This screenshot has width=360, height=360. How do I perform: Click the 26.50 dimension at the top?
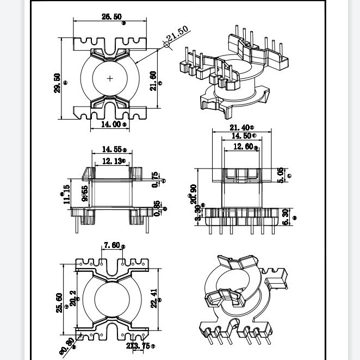111,17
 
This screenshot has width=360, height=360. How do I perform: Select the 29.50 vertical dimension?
58,83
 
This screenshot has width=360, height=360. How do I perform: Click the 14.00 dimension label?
111,125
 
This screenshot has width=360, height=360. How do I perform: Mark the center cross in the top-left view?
110,78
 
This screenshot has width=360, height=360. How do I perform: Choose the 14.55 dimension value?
111,149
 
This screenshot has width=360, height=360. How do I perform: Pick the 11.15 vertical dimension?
67,194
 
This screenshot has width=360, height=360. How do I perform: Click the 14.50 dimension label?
240,136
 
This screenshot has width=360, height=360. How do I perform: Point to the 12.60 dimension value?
243,147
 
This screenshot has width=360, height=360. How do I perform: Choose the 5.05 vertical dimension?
281,175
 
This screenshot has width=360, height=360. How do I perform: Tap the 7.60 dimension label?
112,245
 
